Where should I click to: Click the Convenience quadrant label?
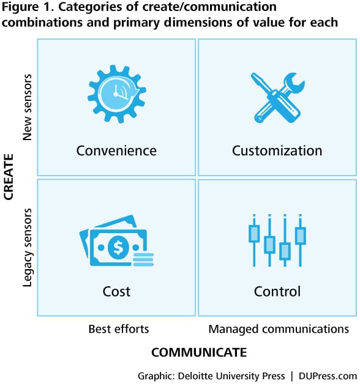coord(116,150)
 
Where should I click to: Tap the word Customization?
coord(277,150)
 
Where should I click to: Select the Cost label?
coord(116,291)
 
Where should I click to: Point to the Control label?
coord(277,291)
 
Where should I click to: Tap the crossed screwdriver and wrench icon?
coord(278,97)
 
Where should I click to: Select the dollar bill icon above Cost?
coord(116,241)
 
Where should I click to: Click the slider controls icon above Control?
coord(277,240)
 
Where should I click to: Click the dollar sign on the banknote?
coord(118,247)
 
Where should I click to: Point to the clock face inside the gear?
coord(115,94)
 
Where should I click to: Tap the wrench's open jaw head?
coord(294,82)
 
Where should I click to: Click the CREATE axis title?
coord(9,177)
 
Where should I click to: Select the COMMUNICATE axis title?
coord(199,352)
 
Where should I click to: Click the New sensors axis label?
coord(27,107)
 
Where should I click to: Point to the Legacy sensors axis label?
coord(27,248)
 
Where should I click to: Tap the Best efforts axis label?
coord(119,329)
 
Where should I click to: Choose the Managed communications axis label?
coord(279,329)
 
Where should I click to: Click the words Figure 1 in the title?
coord(28,7)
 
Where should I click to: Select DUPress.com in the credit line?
coord(328,376)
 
